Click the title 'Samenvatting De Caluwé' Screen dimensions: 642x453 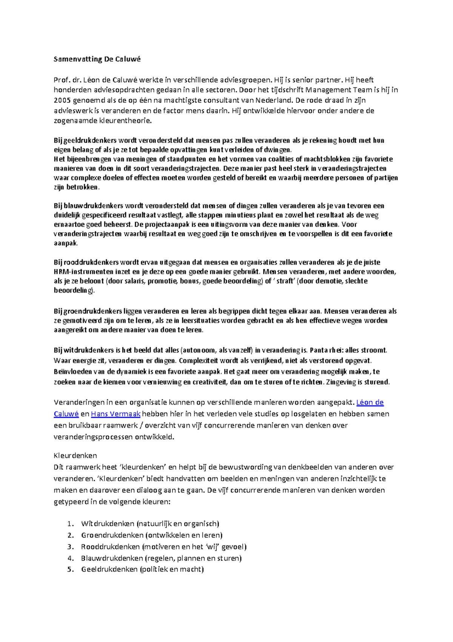click(x=97, y=59)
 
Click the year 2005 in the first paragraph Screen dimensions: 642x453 click(x=62, y=101)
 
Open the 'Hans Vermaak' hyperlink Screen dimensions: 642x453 click(x=116, y=414)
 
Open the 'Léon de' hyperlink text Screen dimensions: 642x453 click(x=370, y=402)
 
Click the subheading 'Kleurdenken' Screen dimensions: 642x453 click(x=75, y=455)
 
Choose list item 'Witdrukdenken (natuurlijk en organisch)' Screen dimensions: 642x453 click(x=150, y=524)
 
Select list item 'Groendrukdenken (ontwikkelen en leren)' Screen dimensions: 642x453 click(x=152, y=535)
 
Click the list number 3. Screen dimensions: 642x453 click(x=70, y=547)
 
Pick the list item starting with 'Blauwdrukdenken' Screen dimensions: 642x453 click(x=161, y=558)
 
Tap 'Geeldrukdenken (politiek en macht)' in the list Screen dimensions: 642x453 click(x=142, y=569)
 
